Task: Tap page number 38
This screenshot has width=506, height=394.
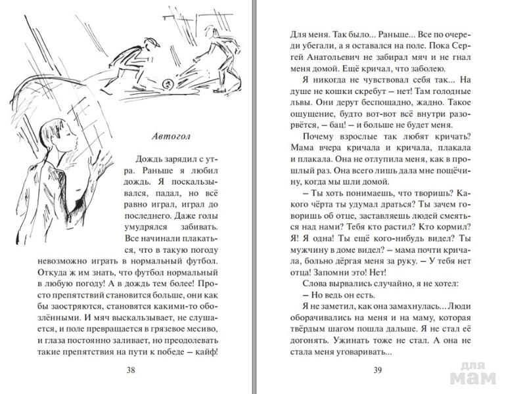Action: point(131,369)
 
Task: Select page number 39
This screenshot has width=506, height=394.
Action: point(377,369)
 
